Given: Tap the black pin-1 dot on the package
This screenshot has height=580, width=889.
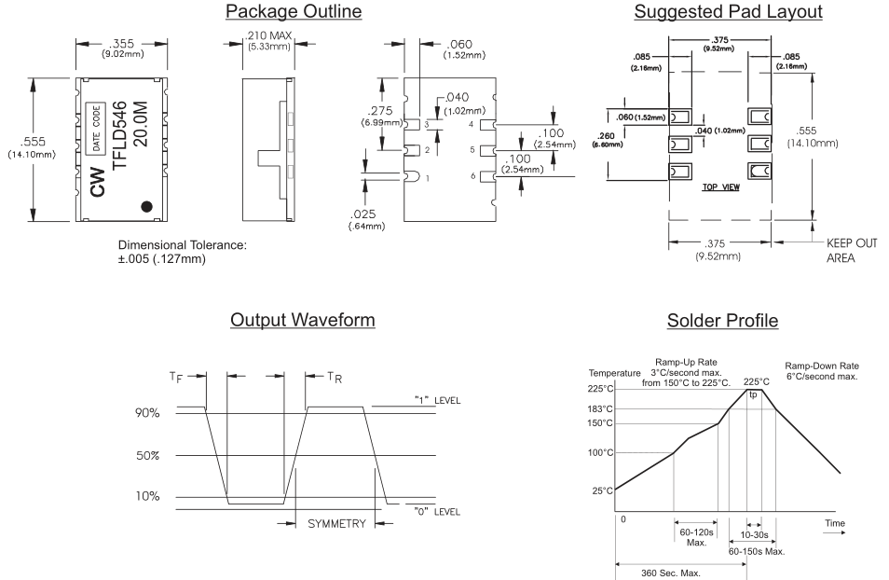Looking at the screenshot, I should click(147, 206).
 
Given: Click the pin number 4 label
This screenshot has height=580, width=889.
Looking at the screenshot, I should click(472, 124).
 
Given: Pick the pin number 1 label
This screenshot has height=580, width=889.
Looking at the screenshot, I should click(427, 177).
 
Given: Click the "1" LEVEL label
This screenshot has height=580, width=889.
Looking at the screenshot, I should click(438, 401).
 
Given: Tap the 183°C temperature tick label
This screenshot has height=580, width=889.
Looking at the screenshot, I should click(599, 409).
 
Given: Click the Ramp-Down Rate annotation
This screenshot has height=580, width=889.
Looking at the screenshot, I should click(822, 372).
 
